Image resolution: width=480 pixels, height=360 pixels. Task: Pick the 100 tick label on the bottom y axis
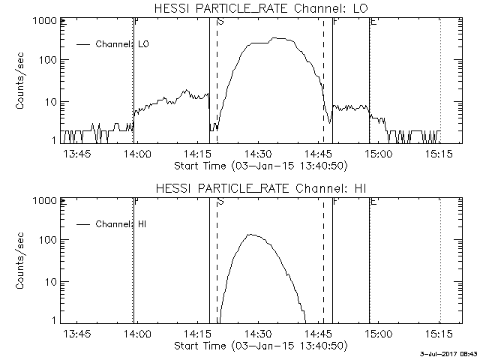pyautogui.click(x=46, y=240)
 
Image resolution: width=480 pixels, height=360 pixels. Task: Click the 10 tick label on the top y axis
pyautogui.click(x=49, y=101)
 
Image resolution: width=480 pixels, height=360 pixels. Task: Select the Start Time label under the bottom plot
pyautogui.click(x=259, y=346)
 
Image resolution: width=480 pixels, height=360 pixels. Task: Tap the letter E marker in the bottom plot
pyautogui.click(x=373, y=202)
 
